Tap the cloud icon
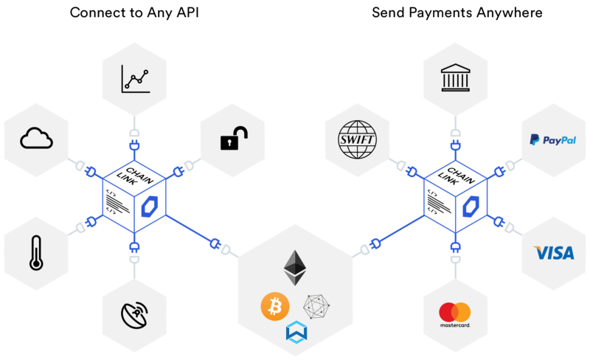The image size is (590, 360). click(36, 138)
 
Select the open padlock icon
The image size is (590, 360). click(234, 138)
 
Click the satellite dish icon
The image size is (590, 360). click(136, 314)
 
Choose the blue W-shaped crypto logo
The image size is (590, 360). click(296, 332)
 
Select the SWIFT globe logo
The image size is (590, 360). click(356, 138)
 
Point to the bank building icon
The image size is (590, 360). click(456, 78)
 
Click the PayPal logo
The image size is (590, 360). click(552, 139)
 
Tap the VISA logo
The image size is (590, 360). click(553, 254)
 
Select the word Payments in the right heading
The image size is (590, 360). click(447, 13)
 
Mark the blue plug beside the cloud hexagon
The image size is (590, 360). click(91, 173)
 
